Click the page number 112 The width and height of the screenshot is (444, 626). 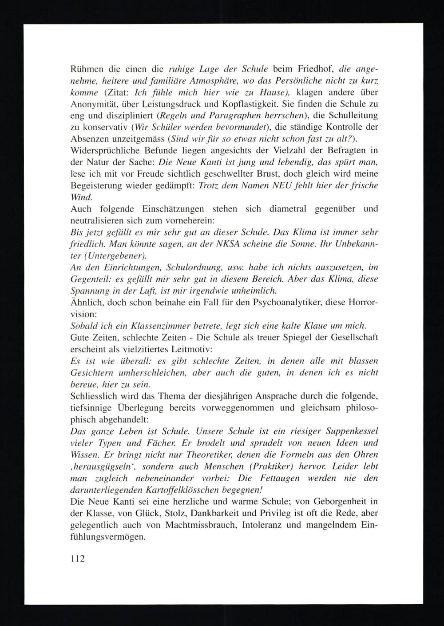point(77,558)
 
